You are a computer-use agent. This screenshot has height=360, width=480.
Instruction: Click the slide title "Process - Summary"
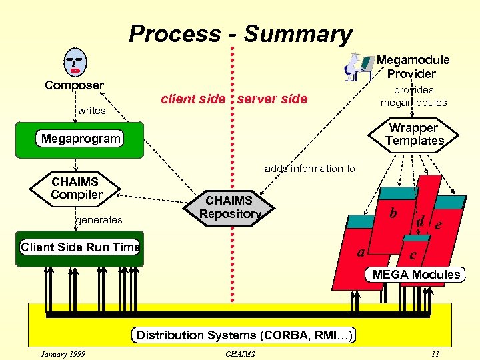[x=240, y=34]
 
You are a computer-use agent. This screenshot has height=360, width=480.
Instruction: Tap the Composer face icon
[x=74, y=63]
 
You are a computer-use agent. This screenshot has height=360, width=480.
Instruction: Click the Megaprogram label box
[x=81, y=139]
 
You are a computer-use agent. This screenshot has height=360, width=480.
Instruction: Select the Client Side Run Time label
[x=81, y=247]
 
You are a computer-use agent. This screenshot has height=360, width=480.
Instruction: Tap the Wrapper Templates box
[x=414, y=134]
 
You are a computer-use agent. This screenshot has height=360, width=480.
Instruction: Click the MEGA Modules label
[x=416, y=275]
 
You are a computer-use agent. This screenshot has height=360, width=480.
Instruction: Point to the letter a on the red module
[x=361, y=252]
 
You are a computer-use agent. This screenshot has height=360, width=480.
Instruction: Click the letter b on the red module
[x=393, y=213]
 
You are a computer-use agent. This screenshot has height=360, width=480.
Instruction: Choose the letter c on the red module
[x=413, y=255]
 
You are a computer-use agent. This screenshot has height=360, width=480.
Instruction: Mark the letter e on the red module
[x=438, y=225]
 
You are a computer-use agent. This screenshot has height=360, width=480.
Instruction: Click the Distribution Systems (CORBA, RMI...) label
[x=245, y=335]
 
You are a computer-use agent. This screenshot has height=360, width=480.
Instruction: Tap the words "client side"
[x=193, y=99]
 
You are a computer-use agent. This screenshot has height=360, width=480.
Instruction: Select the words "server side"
[x=272, y=99]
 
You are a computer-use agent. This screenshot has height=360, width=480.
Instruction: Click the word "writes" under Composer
[x=92, y=111]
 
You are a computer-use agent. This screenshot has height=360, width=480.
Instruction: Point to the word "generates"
[x=99, y=219]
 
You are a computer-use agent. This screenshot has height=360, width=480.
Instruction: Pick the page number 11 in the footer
[x=435, y=353]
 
